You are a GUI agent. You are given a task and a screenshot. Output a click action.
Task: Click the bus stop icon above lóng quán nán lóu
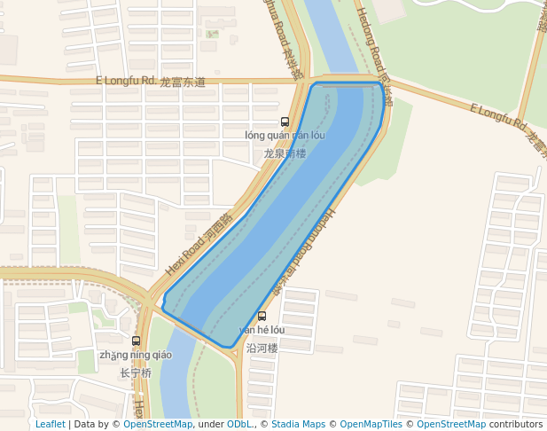tap(285, 121)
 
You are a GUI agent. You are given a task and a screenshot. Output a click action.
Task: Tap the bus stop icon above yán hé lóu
tap(262, 316)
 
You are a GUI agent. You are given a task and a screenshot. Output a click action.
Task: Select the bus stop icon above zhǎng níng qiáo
tap(136, 341)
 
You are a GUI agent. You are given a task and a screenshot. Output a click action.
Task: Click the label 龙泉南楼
tap(285, 153)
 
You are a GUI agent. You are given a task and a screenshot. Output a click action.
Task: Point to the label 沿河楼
tap(262, 349)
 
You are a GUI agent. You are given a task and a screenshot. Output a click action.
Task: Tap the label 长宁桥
tap(136, 373)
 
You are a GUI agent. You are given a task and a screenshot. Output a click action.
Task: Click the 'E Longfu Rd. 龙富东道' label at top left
tap(151, 82)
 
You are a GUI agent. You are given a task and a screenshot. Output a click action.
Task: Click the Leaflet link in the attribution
tap(50, 425)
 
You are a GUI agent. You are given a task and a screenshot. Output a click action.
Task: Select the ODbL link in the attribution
tap(239, 425)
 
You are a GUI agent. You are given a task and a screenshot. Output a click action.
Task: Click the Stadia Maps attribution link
tap(298, 425)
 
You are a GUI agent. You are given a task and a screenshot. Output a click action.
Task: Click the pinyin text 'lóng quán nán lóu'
tap(285, 136)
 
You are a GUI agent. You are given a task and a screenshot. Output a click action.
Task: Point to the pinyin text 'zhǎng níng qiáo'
tap(136, 356)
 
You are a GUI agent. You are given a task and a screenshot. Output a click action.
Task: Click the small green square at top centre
tap(212, 34)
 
